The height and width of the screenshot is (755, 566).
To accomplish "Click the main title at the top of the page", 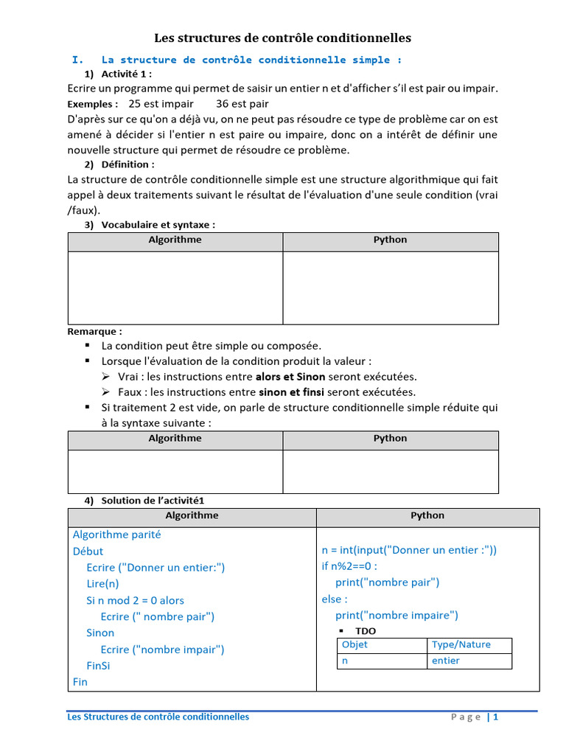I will click(282, 38).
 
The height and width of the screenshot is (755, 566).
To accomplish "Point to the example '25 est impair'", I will click(161, 104).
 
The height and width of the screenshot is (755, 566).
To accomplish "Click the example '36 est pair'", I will click(242, 104).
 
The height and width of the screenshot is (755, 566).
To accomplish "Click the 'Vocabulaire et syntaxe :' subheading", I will click(158, 225).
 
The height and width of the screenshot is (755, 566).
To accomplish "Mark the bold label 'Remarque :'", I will click(95, 332).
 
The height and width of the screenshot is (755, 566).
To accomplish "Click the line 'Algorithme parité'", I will click(116, 535).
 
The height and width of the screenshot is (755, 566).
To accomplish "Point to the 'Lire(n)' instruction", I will click(102, 584).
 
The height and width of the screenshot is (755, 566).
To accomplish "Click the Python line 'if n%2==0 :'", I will click(349, 566).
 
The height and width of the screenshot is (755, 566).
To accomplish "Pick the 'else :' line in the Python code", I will click(335, 599).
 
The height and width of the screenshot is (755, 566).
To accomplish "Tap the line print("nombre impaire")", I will click(396, 615).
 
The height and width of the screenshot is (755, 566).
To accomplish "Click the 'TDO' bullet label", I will click(365, 631).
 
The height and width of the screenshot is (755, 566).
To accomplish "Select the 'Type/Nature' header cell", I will click(461, 644).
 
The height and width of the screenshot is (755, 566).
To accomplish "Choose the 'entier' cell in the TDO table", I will click(445, 661).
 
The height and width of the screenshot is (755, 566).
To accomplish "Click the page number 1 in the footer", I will click(496, 717).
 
